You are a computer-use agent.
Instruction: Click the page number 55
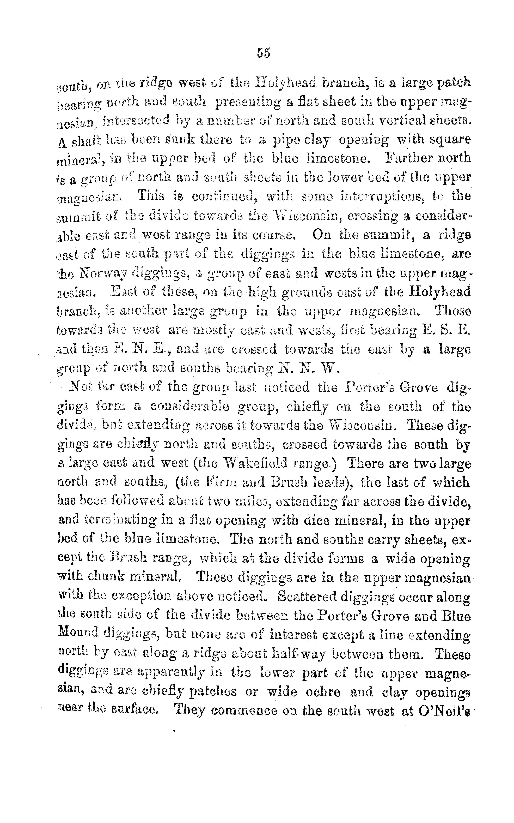click(x=264, y=53)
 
